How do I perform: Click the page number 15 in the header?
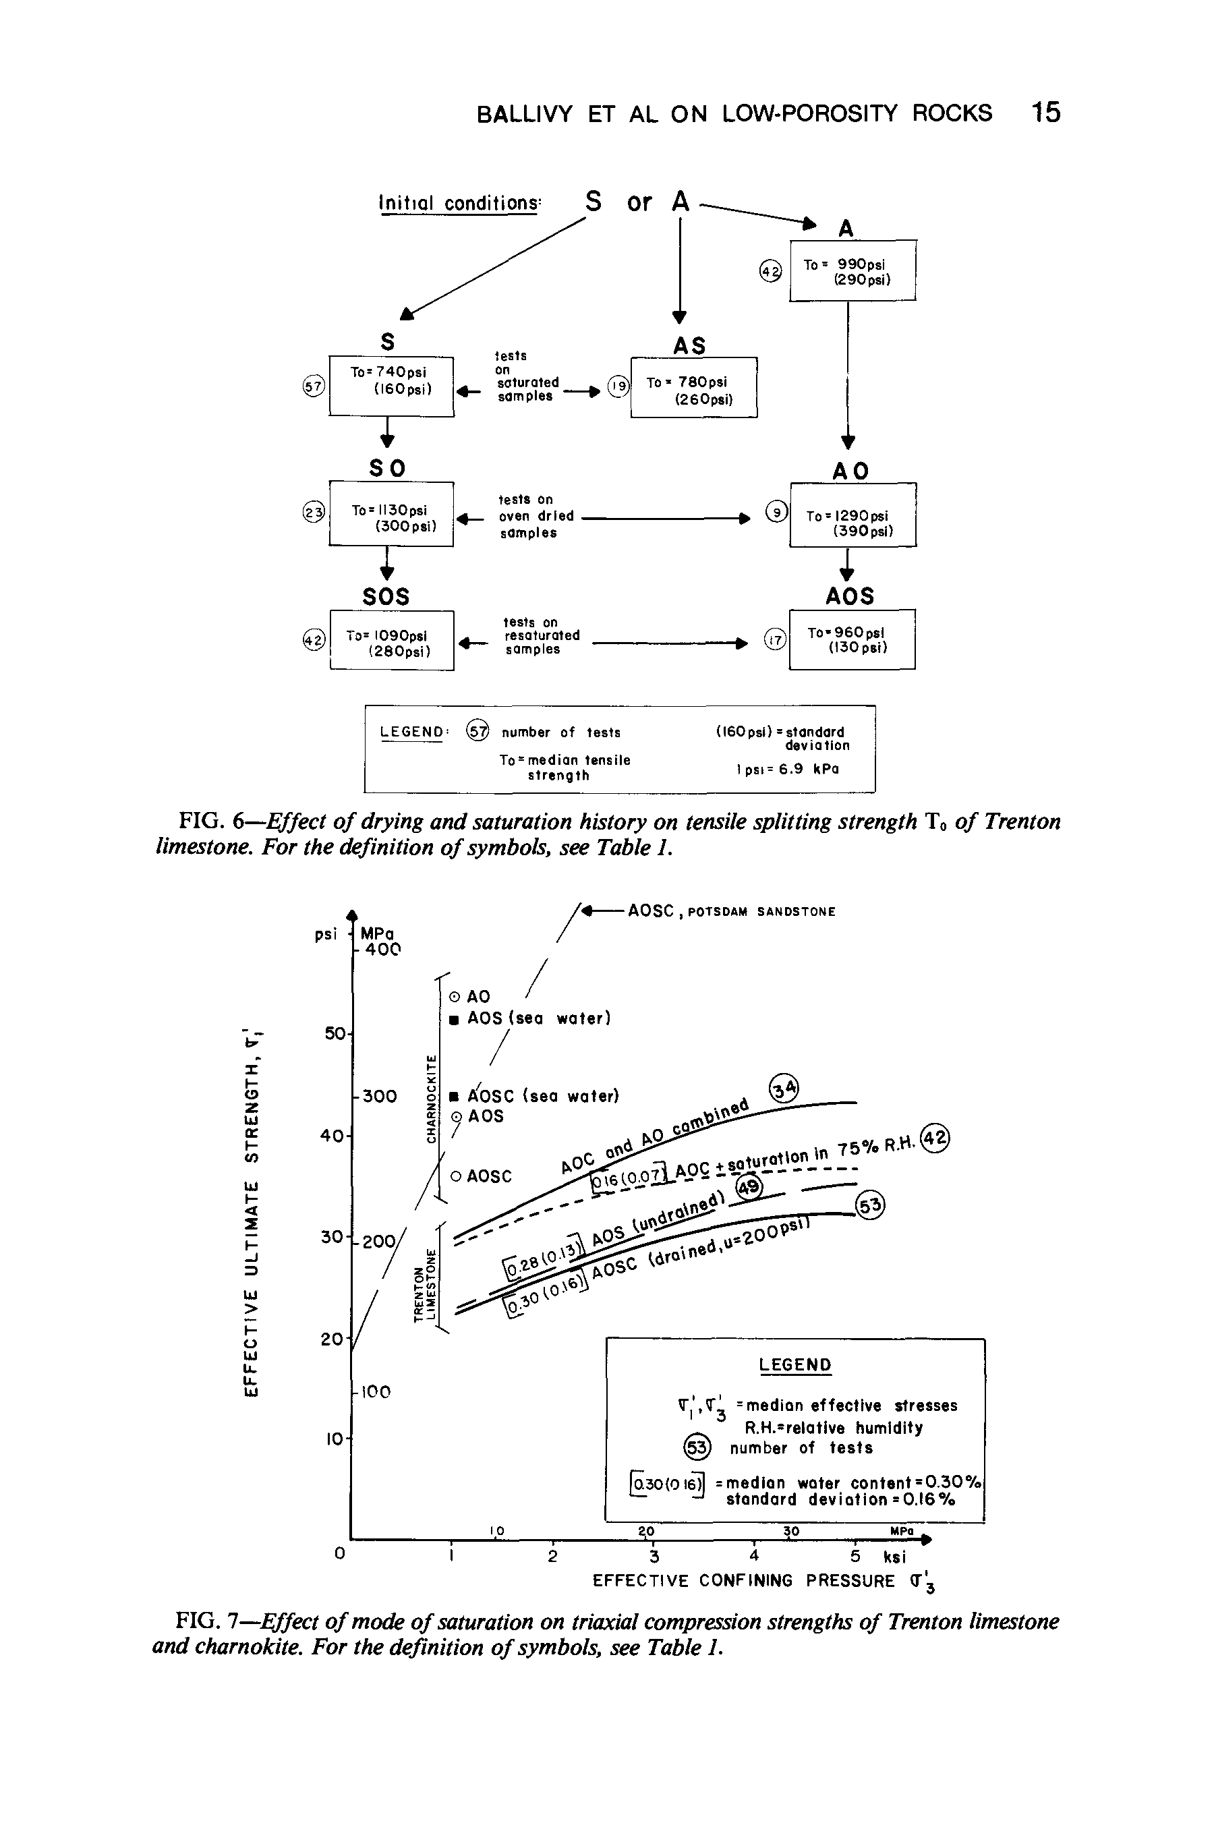[1045, 113]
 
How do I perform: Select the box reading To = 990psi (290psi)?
[852, 271]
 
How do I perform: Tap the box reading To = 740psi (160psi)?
[391, 385]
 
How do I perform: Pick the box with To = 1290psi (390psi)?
[852, 515]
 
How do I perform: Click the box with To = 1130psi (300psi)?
[391, 514]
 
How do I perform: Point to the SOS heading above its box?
[386, 596]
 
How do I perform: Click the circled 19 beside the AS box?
[618, 386]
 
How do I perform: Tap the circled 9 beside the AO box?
[776, 511]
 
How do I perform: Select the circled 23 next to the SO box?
[313, 513]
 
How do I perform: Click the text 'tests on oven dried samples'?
[536, 517]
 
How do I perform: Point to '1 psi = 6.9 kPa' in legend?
[783, 770]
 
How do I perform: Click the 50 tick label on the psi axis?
[335, 1034]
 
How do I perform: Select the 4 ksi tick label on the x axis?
[754, 1557]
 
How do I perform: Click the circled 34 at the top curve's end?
[783, 1090]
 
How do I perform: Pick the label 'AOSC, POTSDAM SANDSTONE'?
[732, 911]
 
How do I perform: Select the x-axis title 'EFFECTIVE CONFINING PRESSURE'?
[743, 1581]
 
